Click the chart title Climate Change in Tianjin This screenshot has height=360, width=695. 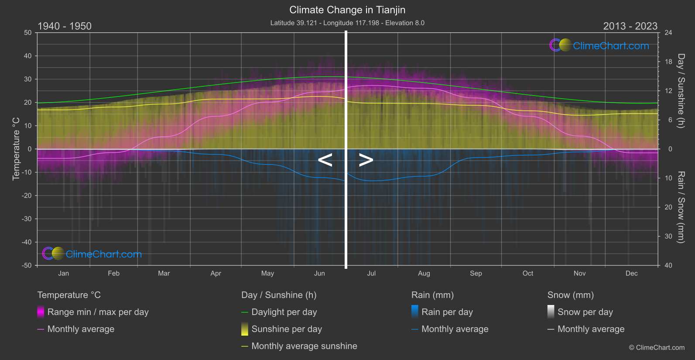[x=347, y=10]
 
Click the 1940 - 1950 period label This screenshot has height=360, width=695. [x=65, y=26]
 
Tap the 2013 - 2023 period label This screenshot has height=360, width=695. [x=630, y=26]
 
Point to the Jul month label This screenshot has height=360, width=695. [x=371, y=274]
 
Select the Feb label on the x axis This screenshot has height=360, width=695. [x=113, y=274]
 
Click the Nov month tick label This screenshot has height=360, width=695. [x=579, y=274]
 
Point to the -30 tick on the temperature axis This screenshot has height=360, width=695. [x=27, y=219]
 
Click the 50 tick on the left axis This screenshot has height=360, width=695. [x=28, y=33]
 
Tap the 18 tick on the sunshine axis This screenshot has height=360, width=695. [x=668, y=62]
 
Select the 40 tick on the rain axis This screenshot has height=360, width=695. [x=668, y=265]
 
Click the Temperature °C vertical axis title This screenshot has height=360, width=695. [x=16, y=149]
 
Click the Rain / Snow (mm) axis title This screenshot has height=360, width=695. [x=681, y=207]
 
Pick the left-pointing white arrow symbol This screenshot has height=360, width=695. [x=325, y=160]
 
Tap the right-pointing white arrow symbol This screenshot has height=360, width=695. [x=366, y=160]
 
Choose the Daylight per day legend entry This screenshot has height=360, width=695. [x=284, y=312]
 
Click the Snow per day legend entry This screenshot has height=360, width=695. [x=585, y=312]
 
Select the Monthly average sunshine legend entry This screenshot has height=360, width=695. [x=304, y=346]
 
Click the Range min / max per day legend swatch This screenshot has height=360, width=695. [x=41, y=312]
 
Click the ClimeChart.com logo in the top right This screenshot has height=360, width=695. [x=599, y=45]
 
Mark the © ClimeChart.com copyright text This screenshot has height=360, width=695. [x=657, y=348]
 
